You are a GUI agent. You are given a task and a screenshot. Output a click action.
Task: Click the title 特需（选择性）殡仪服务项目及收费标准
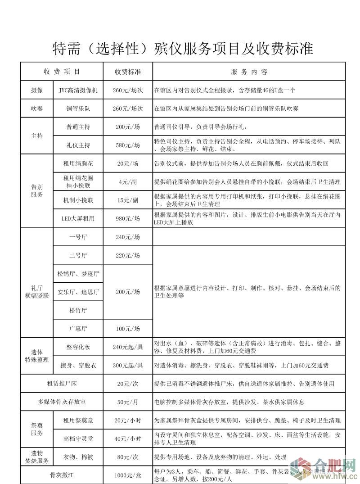click(183, 48)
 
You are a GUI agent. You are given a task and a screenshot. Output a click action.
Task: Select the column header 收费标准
click(128, 72)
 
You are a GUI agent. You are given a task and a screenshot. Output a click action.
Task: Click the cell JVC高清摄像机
click(78, 90)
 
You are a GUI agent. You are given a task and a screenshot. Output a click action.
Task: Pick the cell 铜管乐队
click(78, 109)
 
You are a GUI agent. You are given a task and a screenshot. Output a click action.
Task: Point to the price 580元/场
click(128, 145)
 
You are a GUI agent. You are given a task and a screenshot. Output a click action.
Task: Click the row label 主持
click(37, 136)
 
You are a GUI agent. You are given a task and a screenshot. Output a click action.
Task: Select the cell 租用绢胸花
click(78, 163)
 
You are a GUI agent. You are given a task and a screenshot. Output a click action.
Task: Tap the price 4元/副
click(128, 181)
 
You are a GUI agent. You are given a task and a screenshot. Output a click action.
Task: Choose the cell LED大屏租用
click(78, 218)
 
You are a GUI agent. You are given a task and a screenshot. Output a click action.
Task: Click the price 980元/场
click(128, 218)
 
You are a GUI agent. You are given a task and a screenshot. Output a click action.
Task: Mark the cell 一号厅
click(78, 237)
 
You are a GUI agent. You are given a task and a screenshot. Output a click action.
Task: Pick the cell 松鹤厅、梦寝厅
click(78, 274)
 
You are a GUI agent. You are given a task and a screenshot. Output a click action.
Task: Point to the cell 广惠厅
click(78, 329)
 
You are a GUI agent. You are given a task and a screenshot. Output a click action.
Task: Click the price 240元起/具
click(128, 347)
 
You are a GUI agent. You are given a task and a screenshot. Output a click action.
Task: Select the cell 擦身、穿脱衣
click(78, 365)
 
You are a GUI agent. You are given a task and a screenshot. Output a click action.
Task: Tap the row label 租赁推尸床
click(62, 384)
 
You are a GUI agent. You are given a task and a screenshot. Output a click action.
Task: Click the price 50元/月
click(128, 402)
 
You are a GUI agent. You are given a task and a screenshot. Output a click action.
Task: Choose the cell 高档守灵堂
click(78, 438)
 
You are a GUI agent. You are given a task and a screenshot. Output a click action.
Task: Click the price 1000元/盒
click(128, 475)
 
